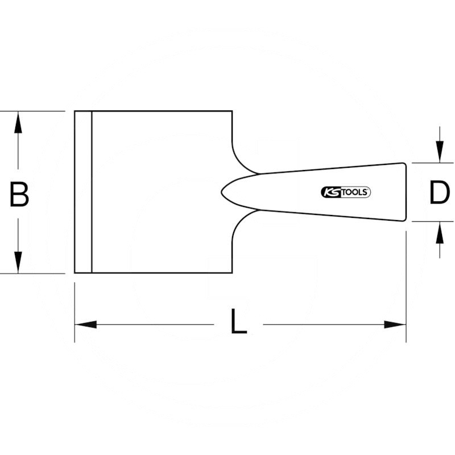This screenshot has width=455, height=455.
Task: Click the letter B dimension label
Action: point(19,194)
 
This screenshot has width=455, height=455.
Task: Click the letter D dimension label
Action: point(440,192)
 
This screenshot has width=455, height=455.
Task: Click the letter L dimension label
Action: point(238,321)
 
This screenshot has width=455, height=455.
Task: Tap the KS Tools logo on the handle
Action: point(346,192)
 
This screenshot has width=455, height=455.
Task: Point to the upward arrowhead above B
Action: point(18,122)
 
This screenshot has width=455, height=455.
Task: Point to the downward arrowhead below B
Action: point(18,262)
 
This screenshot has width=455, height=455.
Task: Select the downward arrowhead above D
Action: point(440,151)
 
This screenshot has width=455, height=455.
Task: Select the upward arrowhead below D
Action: point(440,233)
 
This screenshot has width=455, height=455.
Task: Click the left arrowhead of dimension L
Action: point(86,324)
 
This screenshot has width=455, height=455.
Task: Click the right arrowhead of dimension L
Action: point(395,324)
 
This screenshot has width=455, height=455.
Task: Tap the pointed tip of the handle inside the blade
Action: point(222,192)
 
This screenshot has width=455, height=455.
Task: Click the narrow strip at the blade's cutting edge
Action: point(83,192)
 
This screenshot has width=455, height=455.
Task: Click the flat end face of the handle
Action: point(406,192)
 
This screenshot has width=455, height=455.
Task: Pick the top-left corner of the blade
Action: point(75,111)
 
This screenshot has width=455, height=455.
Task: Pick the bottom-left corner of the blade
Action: point(75,273)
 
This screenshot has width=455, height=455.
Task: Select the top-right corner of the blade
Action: point(232,111)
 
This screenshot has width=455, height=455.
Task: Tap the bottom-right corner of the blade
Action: point(232,273)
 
